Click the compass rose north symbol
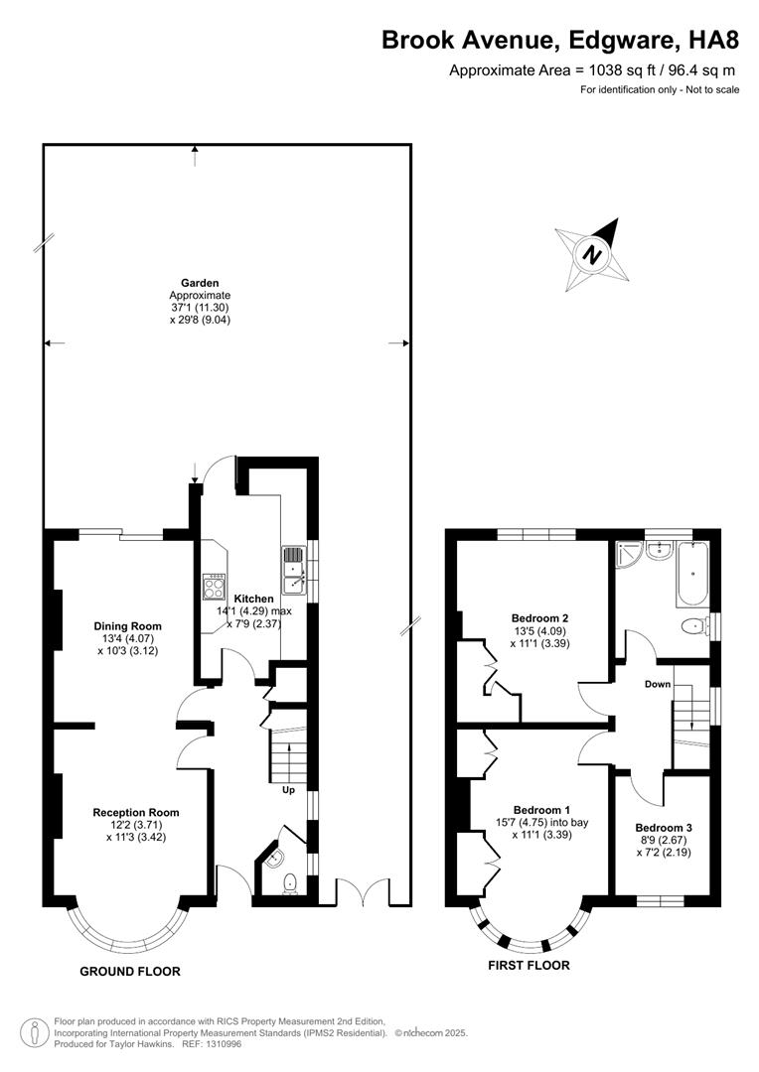[592, 253]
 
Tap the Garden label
[199, 283]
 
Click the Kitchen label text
[253, 600]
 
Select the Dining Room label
[127, 626]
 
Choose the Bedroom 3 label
[664, 828]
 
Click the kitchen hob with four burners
[214, 587]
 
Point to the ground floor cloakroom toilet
[291, 882]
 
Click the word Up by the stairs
[289, 791]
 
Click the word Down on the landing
[658, 685]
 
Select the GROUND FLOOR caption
[129, 971]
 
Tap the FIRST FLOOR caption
[529, 965]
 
